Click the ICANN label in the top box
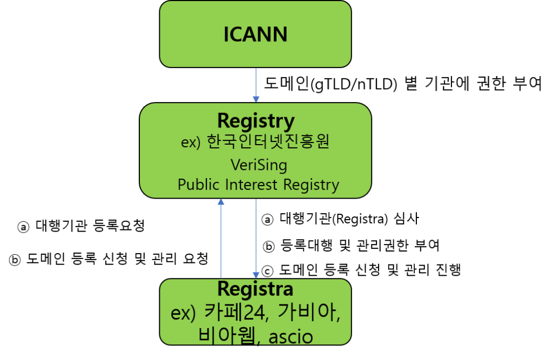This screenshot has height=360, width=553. click(255, 35)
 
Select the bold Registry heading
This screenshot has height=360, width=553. click(255, 121)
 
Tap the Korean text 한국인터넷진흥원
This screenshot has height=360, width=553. click(268, 143)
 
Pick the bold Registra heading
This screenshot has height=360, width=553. click(255, 289)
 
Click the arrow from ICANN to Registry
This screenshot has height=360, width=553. click(255, 84)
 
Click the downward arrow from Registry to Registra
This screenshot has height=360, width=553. click(255, 237)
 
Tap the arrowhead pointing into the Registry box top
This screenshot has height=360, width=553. click(255, 99)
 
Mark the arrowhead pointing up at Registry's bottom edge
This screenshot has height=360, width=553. click(220, 202)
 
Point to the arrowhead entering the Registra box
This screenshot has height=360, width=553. click(255, 275)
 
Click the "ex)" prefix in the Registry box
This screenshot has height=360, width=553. click(191, 144)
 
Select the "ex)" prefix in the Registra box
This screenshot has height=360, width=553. click(183, 313)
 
